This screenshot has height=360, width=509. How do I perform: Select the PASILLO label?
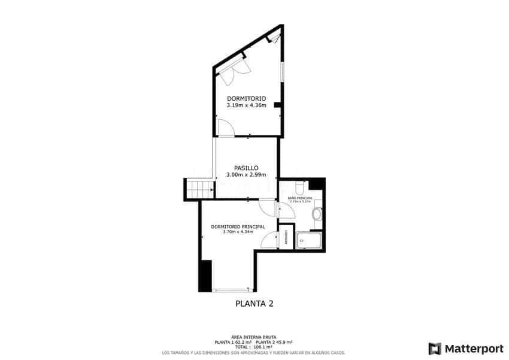click(246, 168)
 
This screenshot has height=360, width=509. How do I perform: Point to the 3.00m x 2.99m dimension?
click(246, 175)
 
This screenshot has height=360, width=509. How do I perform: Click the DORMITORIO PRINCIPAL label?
click(238, 226)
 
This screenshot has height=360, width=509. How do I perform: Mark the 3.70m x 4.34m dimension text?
click(238, 232)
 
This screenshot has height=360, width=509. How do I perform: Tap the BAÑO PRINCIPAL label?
click(299, 198)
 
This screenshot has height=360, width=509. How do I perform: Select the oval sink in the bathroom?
click(317, 214)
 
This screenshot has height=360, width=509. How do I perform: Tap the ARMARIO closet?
click(286, 237)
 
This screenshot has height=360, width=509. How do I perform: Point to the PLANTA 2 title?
click(255, 304)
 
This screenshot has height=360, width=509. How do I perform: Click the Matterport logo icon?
click(435, 349)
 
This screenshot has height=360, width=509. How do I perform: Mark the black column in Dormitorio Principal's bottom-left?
click(205, 276)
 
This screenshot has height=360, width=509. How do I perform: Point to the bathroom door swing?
click(283, 210)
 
